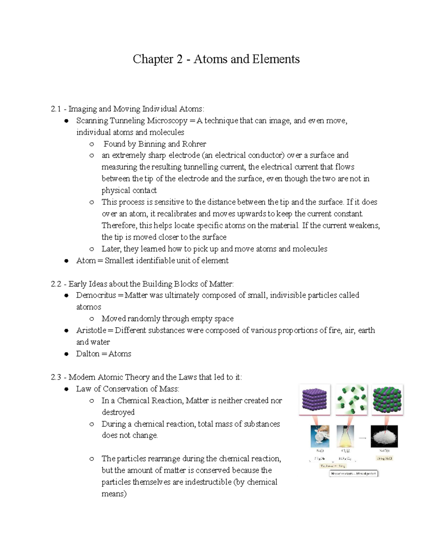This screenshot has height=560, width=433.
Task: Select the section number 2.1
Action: [56, 109]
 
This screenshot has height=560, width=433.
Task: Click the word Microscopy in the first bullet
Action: [167, 120]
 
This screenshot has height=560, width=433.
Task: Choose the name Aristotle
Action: [91, 330]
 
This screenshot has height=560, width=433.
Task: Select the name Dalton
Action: [87, 354]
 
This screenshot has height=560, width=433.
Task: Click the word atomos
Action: [88, 307]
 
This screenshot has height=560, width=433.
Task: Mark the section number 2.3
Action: [56, 377]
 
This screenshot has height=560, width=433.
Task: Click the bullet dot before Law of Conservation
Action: [66, 389]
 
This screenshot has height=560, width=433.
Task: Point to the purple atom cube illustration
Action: [314, 400]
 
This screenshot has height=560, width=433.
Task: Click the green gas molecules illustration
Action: [351, 400]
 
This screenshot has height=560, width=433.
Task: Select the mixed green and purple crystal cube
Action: [387, 400]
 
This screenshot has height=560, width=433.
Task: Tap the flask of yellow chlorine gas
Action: [346, 436]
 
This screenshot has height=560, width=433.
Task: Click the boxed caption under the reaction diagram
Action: [353, 473]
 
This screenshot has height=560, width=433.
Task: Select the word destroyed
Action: [118, 412]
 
